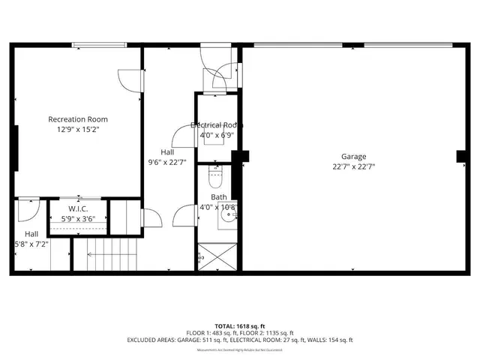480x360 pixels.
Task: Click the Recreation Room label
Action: pyautogui.click(x=78, y=119)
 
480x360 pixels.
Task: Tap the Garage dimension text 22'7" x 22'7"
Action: pyautogui.click(x=354, y=166)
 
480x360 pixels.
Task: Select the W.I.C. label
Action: pyautogui.click(x=78, y=209)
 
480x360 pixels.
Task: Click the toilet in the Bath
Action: pyautogui.click(x=214, y=179)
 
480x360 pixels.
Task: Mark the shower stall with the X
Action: pyautogui.click(x=217, y=256)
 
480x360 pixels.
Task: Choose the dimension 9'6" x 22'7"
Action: pyautogui.click(x=167, y=161)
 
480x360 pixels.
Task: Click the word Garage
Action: pyautogui.click(x=354, y=157)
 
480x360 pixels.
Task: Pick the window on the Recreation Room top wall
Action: pyautogui.click(x=94, y=46)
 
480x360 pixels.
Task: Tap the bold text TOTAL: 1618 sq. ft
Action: pyautogui.click(x=239, y=326)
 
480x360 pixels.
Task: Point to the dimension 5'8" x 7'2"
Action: pyautogui.click(x=31, y=244)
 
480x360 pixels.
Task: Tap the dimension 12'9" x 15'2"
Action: pyautogui.click(x=78, y=130)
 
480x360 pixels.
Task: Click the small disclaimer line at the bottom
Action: pyautogui.click(x=239, y=350)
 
